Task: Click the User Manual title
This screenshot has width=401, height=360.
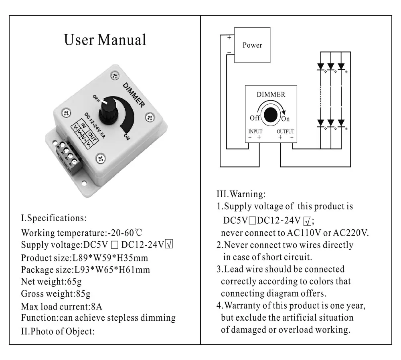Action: click(x=105, y=40)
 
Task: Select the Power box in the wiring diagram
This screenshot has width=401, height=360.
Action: click(x=252, y=45)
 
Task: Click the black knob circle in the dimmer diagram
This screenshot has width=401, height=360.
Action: click(x=272, y=115)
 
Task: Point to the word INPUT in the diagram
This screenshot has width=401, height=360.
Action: click(x=255, y=131)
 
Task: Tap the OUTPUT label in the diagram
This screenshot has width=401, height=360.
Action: click(x=286, y=131)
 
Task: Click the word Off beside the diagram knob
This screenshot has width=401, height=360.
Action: click(x=255, y=118)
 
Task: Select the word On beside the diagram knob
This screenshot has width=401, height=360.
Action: click(x=285, y=119)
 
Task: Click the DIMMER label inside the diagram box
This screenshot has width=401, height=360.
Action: click(x=271, y=95)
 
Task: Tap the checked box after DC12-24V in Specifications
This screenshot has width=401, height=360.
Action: click(x=169, y=245)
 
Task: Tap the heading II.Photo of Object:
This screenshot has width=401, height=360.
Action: click(x=58, y=331)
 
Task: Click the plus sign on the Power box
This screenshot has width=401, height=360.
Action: click(x=229, y=38)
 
